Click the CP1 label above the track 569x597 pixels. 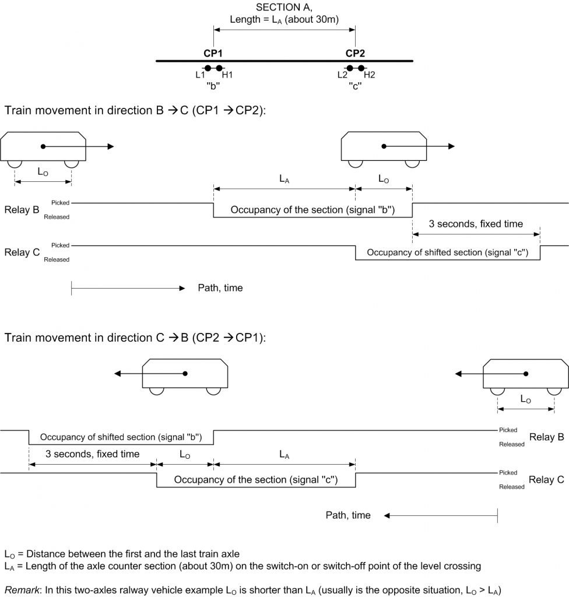213,53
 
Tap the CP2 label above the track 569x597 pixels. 355,53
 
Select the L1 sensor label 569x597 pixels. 201,75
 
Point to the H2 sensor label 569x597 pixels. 370,75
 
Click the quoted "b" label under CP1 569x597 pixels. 213,86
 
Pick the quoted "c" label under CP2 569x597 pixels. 355,86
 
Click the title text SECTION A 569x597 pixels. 284,7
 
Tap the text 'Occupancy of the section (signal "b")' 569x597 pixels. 312,210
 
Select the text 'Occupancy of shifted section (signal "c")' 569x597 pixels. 448,252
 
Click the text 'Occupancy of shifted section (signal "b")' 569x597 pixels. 121,437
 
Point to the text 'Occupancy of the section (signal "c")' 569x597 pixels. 256,480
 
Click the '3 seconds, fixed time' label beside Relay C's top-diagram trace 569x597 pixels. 476,224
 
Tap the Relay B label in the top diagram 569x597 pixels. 22,210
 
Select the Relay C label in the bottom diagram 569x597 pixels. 546,480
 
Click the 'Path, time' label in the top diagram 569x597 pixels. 220,288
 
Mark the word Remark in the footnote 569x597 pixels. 22,590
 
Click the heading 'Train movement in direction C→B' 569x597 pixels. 135,338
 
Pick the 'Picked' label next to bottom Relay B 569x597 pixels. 508,430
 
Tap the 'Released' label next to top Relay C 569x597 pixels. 57,259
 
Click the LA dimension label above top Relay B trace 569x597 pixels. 284,179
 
